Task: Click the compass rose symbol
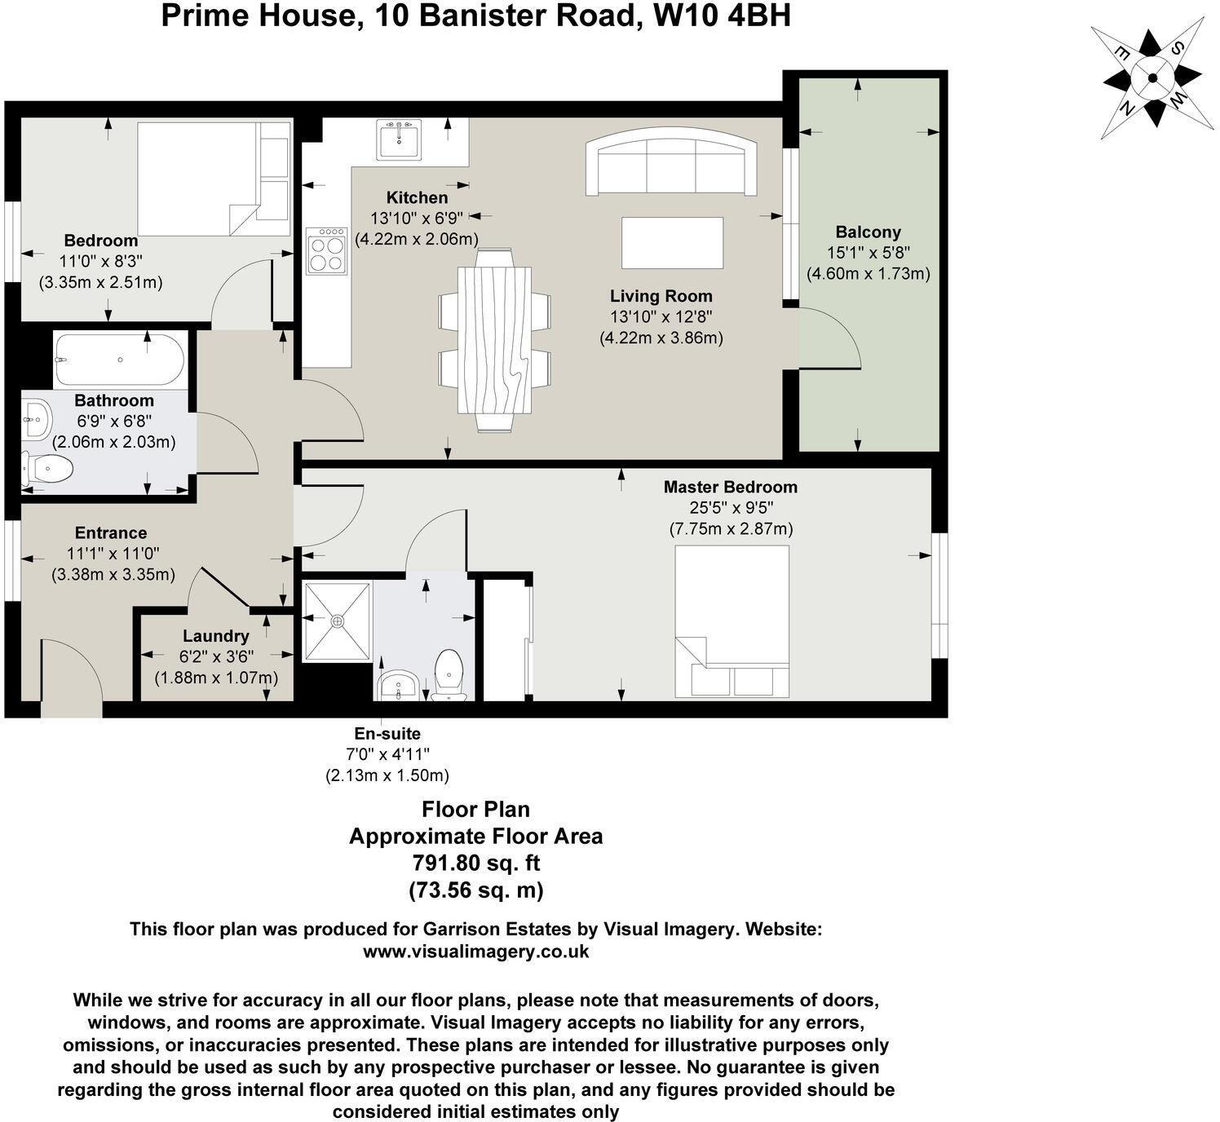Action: point(1151,78)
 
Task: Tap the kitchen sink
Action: point(399,139)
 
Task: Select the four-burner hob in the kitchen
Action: point(326,250)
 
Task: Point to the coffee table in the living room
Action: point(672,243)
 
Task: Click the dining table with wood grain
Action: point(494,339)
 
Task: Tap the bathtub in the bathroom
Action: point(119,360)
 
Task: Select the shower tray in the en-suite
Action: point(338,621)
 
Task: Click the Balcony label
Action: point(868,232)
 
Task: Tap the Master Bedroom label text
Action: point(730,488)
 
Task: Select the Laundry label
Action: point(215,636)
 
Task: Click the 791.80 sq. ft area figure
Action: point(475,863)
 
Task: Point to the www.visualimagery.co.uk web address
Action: point(475,952)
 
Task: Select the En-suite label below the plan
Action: point(387,734)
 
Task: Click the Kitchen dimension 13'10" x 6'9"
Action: point(417,219)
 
